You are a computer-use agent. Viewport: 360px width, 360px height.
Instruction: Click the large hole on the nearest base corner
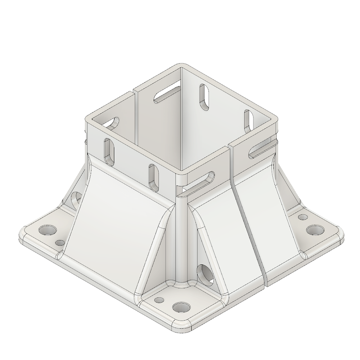tap(181, 307)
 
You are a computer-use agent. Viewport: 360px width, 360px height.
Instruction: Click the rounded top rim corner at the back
tap(181, 66)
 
